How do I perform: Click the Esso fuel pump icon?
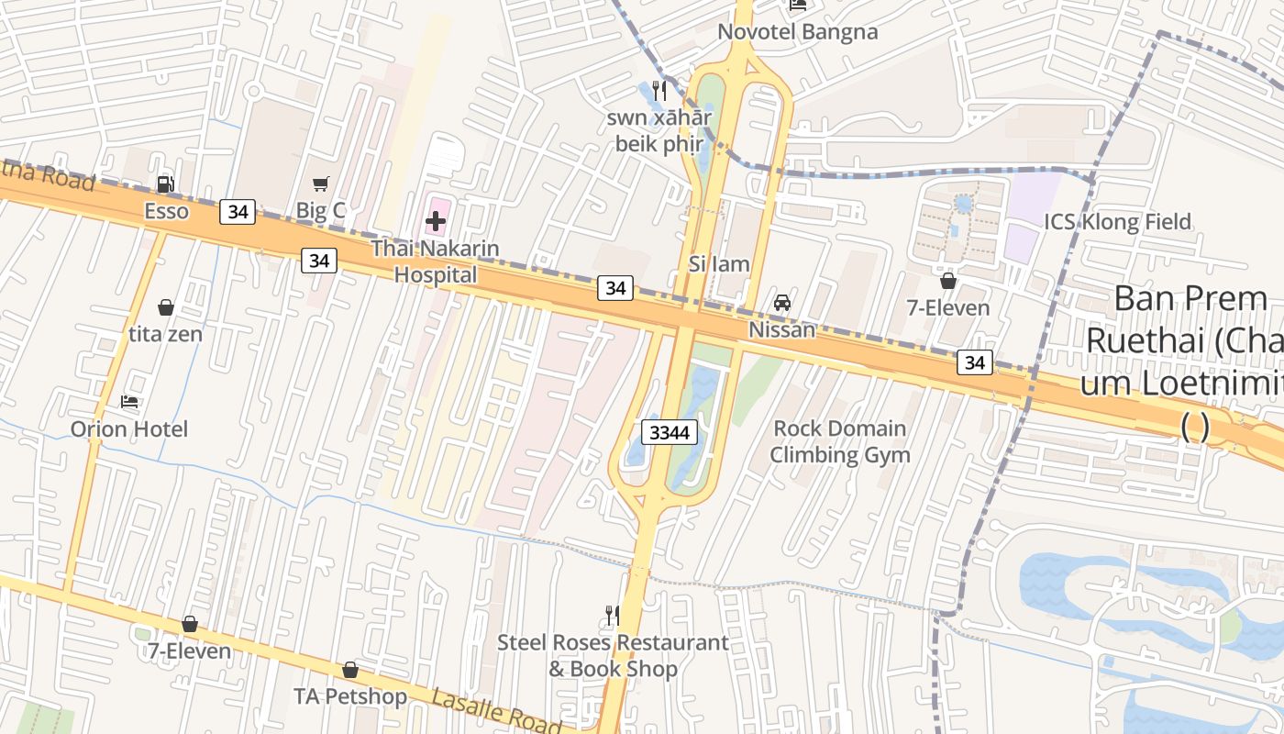(166, 184)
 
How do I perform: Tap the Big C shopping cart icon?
(320, 184)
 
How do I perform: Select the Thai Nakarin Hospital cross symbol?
(436, 220)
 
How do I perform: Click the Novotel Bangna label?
(797, 32)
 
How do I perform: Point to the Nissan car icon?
(782, 302)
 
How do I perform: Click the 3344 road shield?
(670, 431)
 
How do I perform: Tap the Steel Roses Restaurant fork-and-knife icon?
(612, 615)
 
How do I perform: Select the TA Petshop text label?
(350, 696)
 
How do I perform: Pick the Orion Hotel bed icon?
(129, 402)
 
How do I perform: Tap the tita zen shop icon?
(166, 307)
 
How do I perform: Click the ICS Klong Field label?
(1117, 221)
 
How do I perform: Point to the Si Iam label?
(719, 264)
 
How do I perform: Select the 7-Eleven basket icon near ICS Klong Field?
(948, 281)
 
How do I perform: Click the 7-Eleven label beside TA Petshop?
(190, 651)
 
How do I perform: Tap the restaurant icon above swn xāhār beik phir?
(659, 91)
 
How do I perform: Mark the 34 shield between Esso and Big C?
(238, 212)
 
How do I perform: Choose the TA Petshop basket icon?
(350, 670)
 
